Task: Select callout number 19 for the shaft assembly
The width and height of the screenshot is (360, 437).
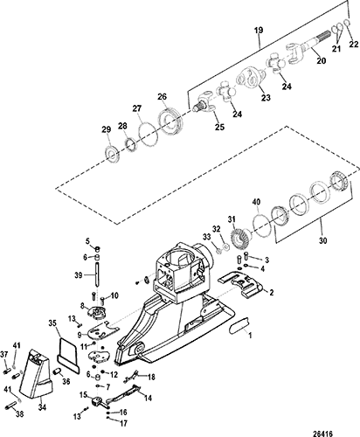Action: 259,31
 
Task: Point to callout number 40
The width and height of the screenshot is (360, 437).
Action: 257,202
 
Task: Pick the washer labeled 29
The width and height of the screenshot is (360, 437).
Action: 112,153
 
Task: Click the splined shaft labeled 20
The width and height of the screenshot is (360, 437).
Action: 310,46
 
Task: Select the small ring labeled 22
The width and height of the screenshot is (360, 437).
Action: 347,23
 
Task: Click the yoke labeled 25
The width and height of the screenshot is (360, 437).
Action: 205,102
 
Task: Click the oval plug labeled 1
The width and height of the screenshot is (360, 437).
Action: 239,325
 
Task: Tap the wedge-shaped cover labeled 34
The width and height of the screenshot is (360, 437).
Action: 37,373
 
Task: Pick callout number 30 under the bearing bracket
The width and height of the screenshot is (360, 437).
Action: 323,240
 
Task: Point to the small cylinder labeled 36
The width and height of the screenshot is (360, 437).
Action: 56,371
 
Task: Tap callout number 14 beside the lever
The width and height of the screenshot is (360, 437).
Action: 149,398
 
